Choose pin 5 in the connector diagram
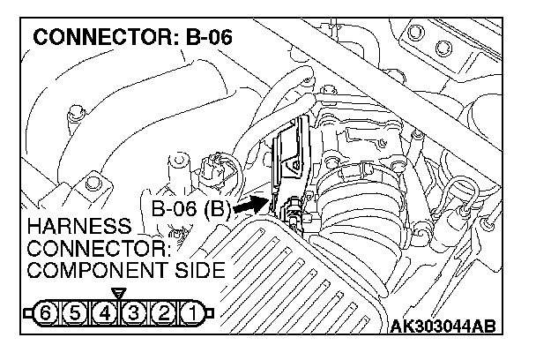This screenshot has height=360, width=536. click(78, 311)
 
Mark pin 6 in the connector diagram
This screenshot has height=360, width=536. click(50, 311)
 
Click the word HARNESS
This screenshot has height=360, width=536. click(65, 225)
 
